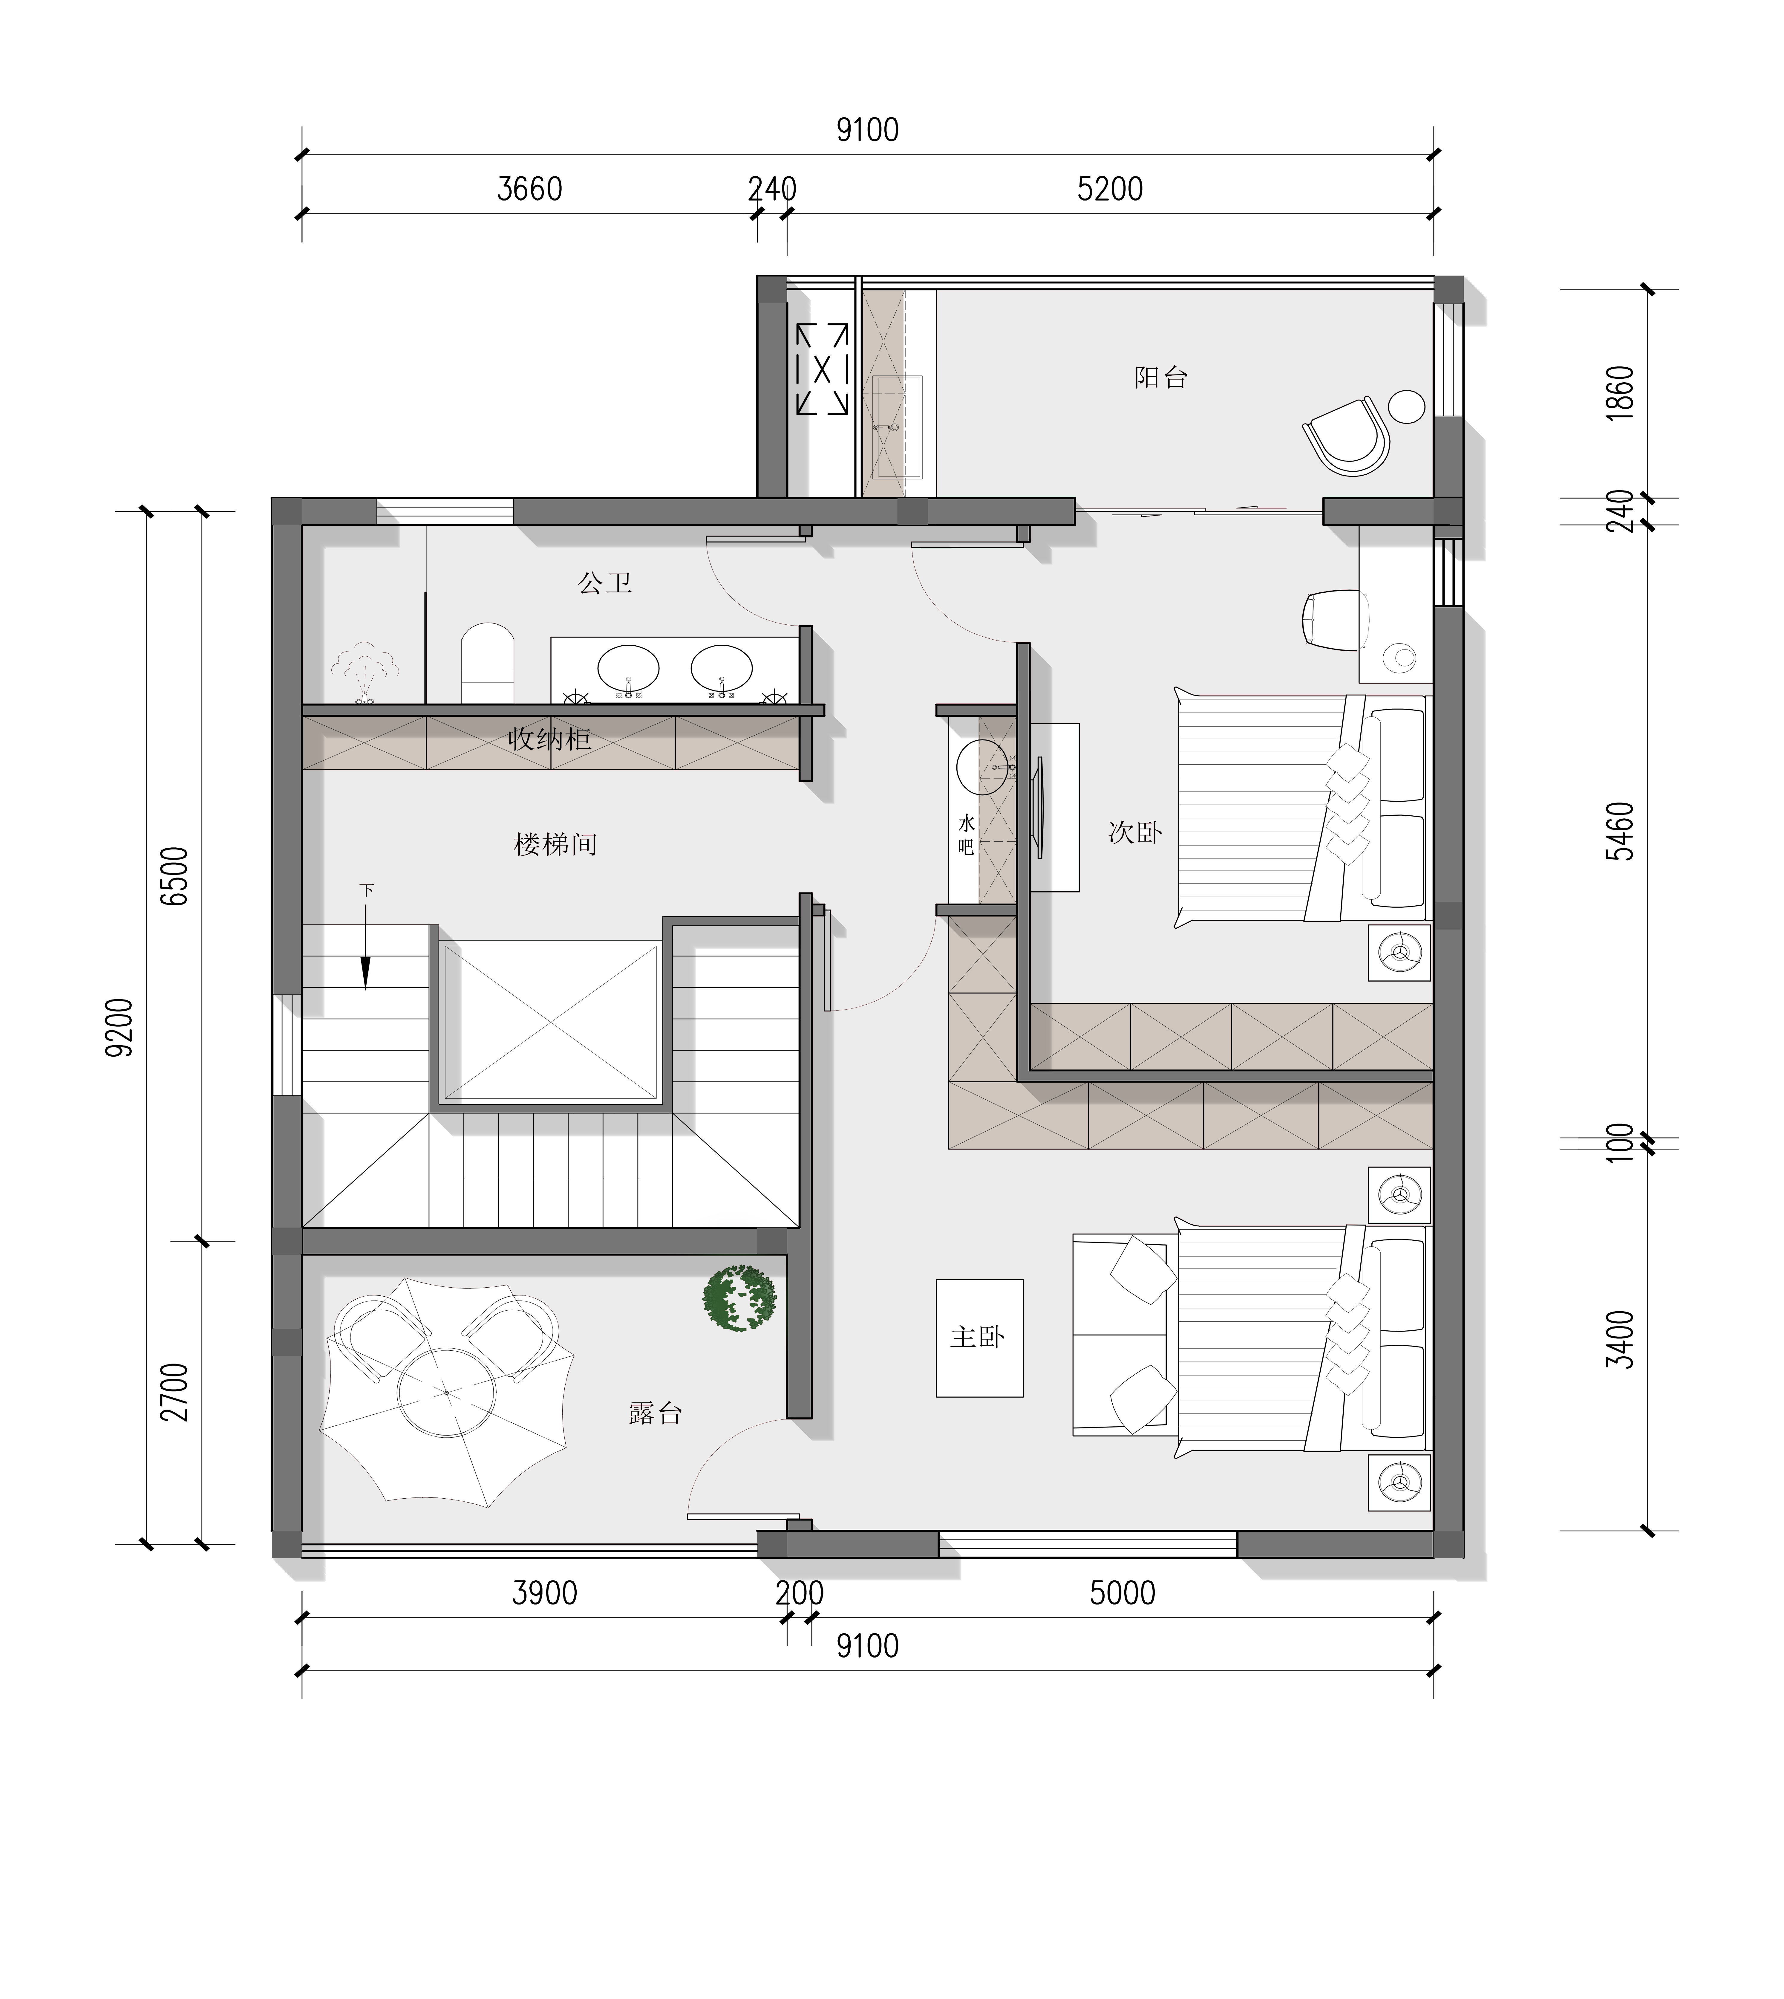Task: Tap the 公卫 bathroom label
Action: point(605,583)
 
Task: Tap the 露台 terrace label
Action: point(655,1413)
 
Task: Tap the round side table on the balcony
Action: point(1408,406)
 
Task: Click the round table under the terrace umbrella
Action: point(446,1392)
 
